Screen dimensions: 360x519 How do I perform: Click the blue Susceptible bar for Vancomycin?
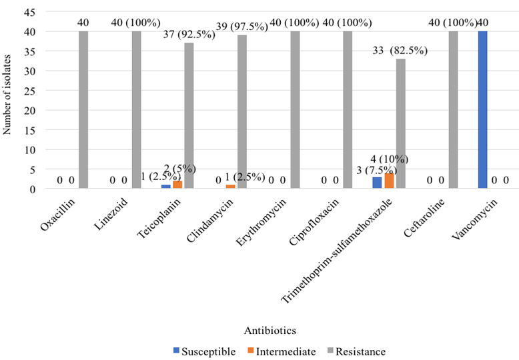(483, 110)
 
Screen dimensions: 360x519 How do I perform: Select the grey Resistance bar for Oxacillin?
(83, 110)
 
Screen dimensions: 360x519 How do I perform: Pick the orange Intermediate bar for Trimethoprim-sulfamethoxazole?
(390, 181)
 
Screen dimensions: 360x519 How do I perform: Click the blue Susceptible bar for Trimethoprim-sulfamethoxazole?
(377, 183)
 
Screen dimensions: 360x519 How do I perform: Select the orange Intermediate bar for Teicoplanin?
(177, 185)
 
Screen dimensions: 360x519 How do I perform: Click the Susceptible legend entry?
(203, 351)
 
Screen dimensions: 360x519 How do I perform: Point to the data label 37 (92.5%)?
(187, 34)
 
